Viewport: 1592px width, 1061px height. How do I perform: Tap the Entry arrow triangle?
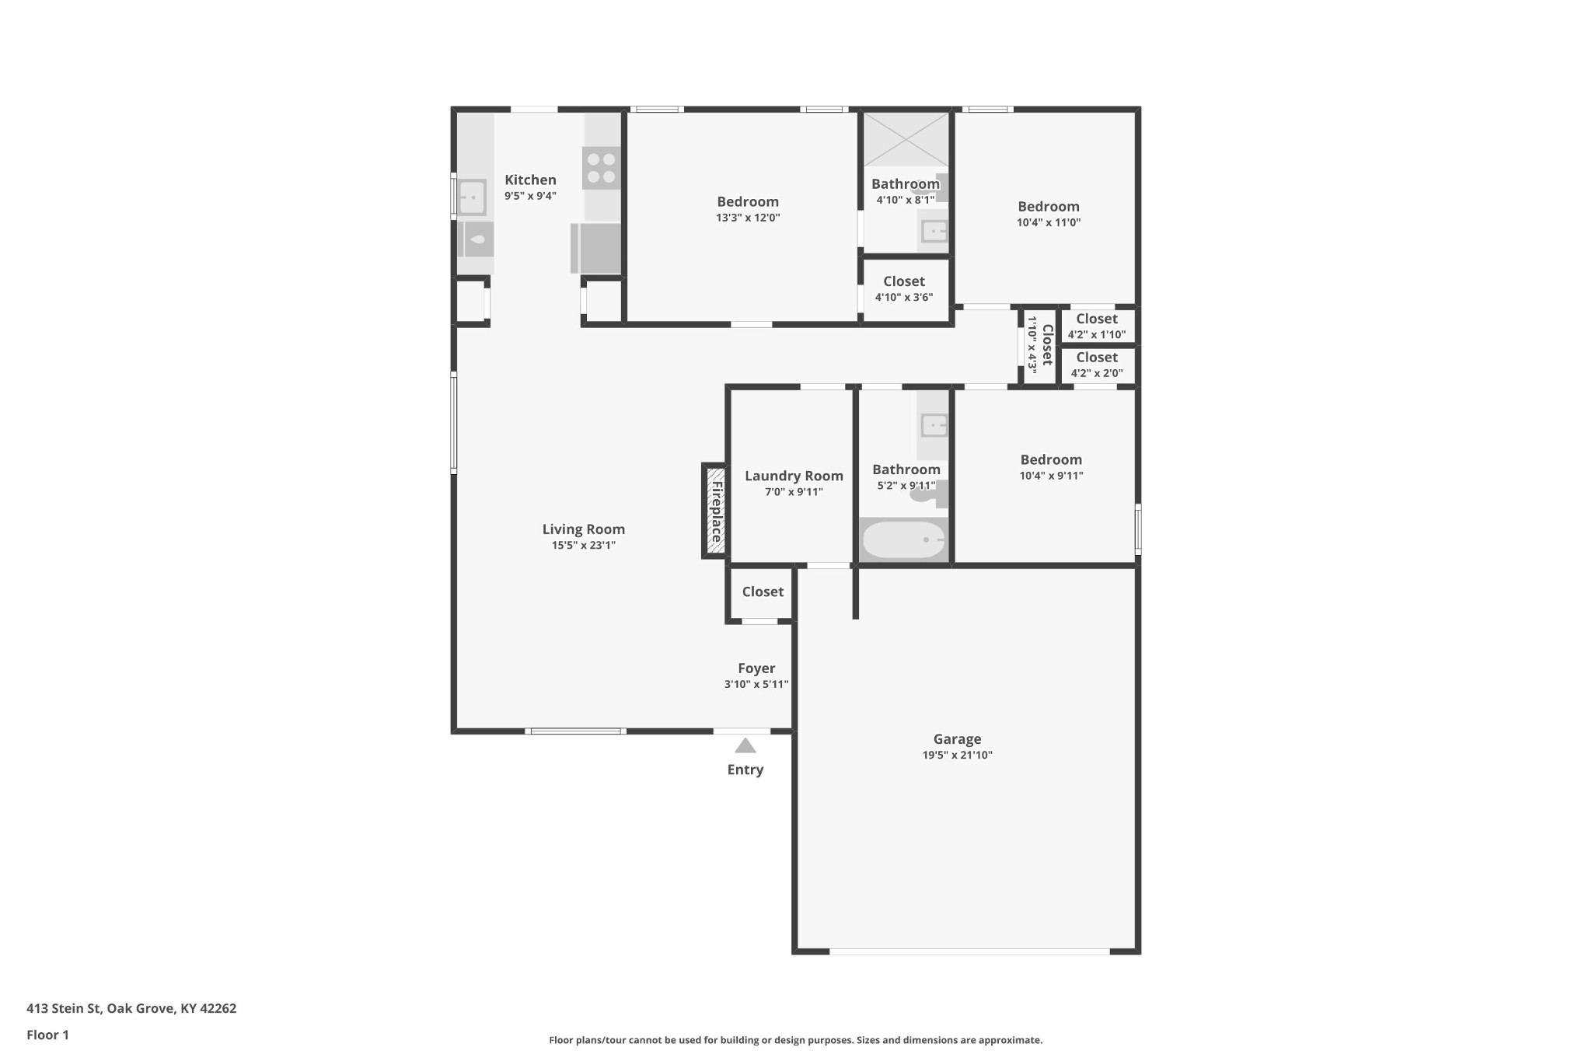(x=745, y=746)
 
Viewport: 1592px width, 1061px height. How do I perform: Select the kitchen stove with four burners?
(x=602, y=168)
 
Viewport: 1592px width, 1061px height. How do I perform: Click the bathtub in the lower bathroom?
(x=904, y=539)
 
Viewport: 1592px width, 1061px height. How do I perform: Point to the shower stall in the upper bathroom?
(x=906, y=139)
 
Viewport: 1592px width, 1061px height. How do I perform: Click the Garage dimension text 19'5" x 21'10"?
(x=957, y=756)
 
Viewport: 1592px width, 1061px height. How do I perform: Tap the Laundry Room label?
(x=794, y=476)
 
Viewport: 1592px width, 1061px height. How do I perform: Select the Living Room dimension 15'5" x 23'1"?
(x=584, y=546)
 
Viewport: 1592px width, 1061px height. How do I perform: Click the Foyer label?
(x=756, y=668)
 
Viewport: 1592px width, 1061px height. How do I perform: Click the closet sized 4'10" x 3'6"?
(x=905, y=289)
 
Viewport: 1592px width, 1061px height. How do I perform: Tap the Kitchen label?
(x=530, y=180)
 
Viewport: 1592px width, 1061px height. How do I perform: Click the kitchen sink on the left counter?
(x=472, y=197)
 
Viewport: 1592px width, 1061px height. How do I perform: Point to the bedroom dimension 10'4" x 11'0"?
(x=1049, y=222)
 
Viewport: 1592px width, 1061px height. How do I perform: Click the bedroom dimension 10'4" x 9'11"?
(x=1051, y=476)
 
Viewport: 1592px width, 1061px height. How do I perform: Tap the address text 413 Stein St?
(x=64, y=1009)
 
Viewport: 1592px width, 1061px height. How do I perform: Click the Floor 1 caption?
(x=47, y=1035)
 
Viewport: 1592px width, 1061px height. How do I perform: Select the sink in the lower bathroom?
(x=934, y=425)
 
